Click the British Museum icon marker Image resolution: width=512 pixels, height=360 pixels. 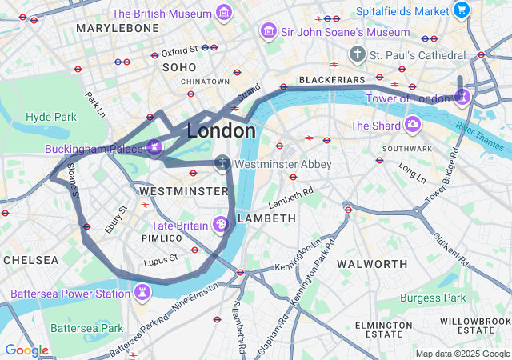(224, 14)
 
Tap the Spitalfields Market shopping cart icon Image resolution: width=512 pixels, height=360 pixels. (461, 10)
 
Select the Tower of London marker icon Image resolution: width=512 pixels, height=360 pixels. (462, 98)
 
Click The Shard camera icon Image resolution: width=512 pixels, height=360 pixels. (412, 125)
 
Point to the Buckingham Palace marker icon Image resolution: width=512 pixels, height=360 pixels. (154, 147)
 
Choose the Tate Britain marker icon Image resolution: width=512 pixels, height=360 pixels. (221, 225)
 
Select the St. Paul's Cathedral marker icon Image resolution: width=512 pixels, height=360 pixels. (357, 54)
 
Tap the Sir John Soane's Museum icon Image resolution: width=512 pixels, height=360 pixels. (270, 32)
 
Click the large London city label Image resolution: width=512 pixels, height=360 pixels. (222, 130)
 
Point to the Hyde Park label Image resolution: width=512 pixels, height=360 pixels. (50, 117)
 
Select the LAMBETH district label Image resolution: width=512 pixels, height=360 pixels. (267, 218)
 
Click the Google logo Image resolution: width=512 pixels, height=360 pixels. (26, 350)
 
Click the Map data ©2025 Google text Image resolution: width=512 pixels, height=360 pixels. (462, 354)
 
